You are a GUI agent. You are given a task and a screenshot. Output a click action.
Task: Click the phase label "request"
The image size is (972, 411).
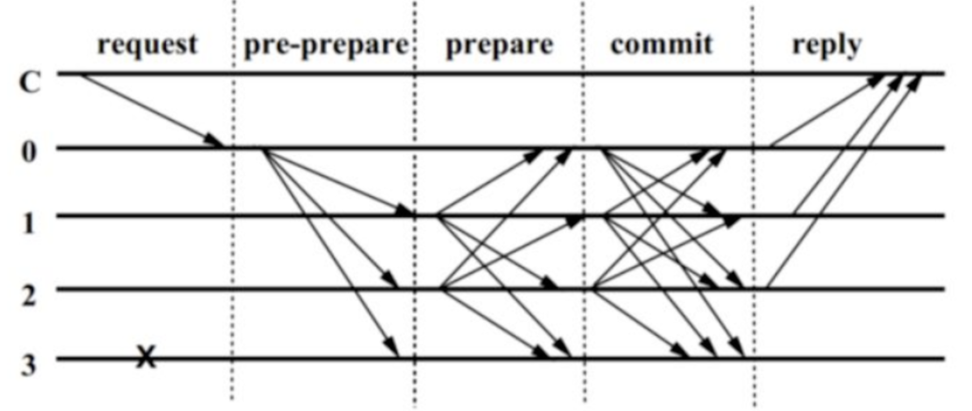pos(148,45)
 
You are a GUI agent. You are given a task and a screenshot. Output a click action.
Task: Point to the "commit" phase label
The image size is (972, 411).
pos(661,44)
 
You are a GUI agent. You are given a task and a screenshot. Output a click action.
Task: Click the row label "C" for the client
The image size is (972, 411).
pos(30,83)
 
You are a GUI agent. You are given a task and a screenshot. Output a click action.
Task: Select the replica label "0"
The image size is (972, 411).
pos(29,152)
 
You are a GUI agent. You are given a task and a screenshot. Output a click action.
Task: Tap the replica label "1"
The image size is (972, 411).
pos(29,223)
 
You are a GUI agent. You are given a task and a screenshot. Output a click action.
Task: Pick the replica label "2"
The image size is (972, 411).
pos(29,295)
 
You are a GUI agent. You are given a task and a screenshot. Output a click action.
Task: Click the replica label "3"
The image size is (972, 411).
pos(29,366)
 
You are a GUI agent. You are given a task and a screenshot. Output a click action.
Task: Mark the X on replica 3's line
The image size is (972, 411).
pos(146,357)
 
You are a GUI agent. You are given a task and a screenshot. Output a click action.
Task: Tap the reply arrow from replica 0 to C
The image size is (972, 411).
pos(826,110)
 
